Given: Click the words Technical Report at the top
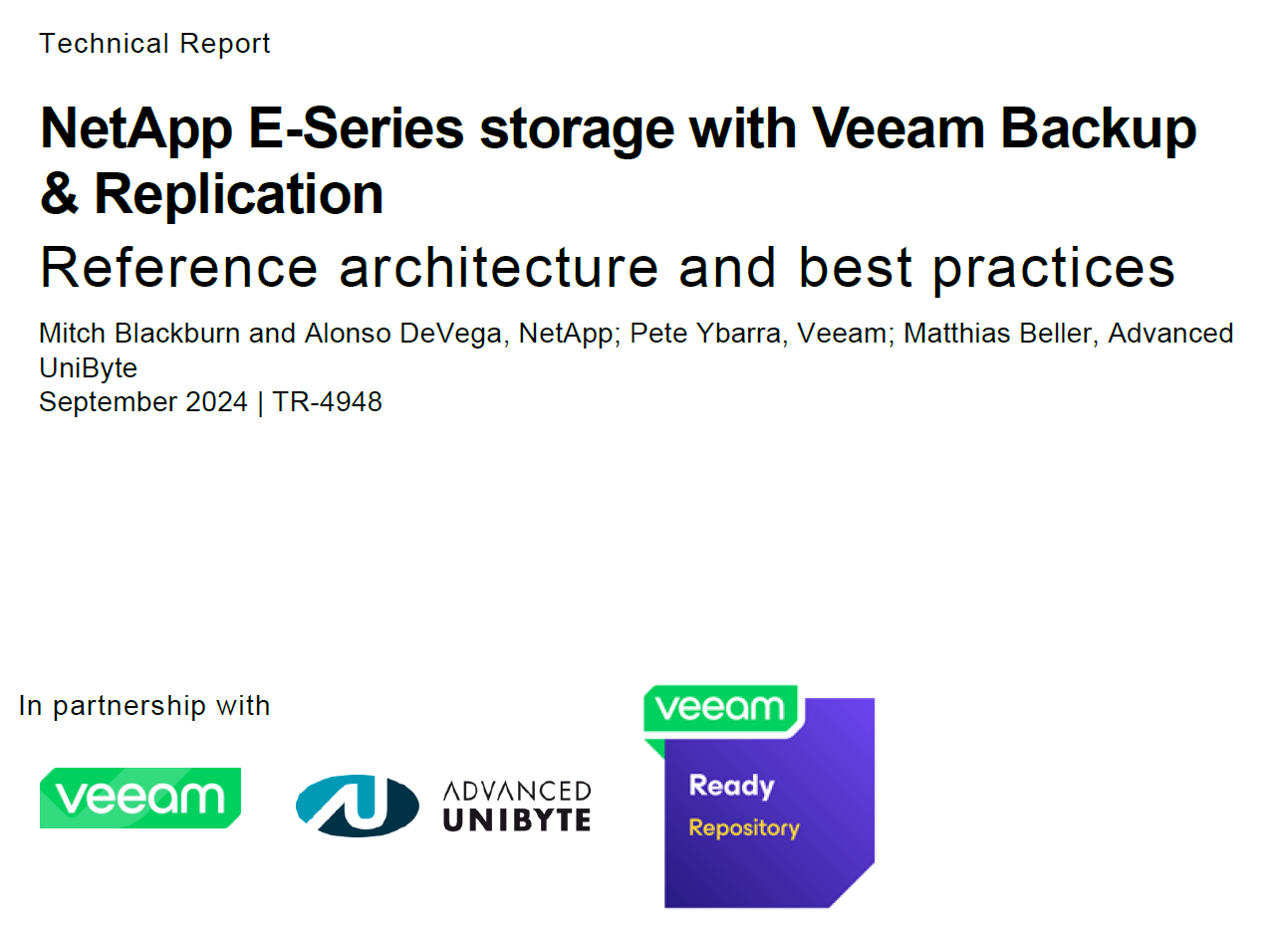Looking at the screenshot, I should click(154, 44).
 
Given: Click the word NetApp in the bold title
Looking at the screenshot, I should click(136, 129).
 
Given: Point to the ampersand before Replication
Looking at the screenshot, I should click(59, 194).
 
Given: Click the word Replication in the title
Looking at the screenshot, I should click(238, 194).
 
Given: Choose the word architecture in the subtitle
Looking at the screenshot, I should click(498, 267).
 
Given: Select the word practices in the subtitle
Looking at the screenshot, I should click(1053, 267).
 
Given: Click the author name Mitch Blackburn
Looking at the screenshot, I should click(138, 333).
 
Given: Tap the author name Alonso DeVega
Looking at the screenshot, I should click(402, 333).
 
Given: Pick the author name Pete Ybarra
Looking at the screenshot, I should click(705, 333).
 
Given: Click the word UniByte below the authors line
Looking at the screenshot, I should click(88, 367).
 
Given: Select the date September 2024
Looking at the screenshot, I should click(142, 401).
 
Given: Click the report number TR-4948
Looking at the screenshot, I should click(327, 401).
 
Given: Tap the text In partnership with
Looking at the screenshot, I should click(144, 706).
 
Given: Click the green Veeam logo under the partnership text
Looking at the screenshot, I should click(140, 798).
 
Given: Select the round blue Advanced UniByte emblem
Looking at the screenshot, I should click(358, 805).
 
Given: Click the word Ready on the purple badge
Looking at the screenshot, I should click(731, 786).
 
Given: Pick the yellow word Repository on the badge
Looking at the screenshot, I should click(744, 827).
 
